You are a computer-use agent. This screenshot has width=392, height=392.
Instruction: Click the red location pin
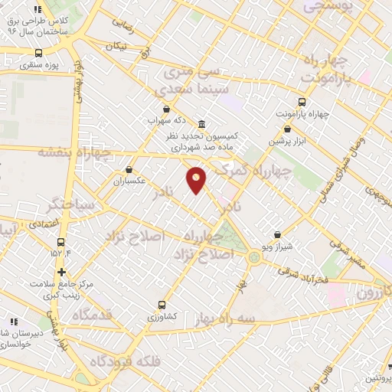(197, 179)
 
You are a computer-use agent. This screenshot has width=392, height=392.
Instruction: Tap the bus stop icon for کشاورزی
(160, 304)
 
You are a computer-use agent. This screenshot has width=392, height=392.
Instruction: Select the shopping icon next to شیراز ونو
(277, 235)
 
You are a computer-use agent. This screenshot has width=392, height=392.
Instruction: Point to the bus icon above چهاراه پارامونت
(302, 102)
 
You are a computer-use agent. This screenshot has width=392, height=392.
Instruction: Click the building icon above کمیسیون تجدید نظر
(201, 124)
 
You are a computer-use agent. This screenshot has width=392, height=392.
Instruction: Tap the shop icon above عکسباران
(129, 170)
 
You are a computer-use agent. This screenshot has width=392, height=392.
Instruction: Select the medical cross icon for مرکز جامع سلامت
(61, 272)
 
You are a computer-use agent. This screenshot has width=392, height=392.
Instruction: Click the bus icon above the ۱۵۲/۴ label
(60, 241)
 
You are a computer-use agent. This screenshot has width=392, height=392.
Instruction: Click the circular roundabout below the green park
(253, 257)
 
